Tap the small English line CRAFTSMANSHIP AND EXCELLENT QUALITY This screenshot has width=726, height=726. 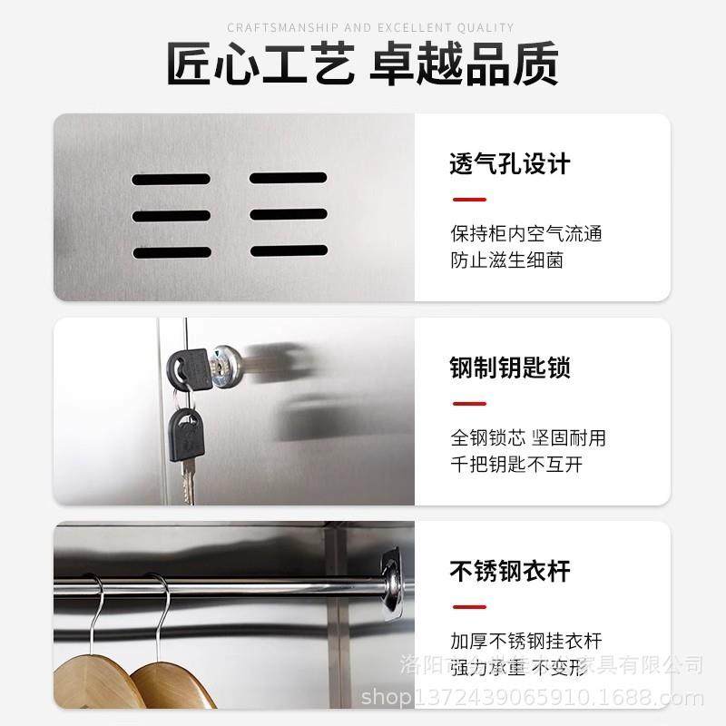(363, 28)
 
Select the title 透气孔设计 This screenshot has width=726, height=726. (510, 164)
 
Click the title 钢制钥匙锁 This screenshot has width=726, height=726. (510, 368)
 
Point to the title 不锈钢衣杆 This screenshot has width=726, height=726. (510, 573)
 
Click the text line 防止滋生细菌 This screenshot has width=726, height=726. (506, 260)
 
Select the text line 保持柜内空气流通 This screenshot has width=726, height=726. (526, 233)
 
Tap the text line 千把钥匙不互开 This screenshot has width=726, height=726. (516, 465)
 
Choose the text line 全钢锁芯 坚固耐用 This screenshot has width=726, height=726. (528, 437)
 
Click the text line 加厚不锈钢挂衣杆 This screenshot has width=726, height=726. (526, 641)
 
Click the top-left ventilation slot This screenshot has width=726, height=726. (171, 180)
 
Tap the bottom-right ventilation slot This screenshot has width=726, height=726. (288, 250)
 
